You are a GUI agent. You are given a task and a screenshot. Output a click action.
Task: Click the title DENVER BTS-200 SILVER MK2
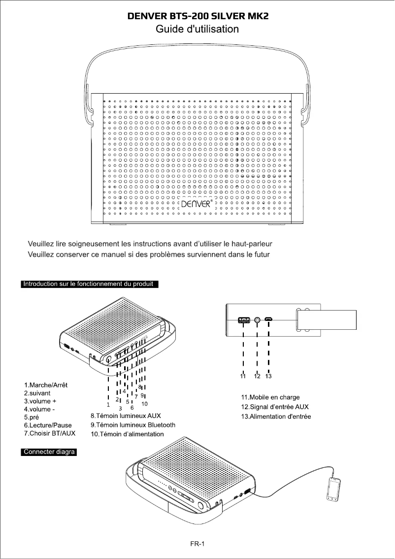click(197, 16)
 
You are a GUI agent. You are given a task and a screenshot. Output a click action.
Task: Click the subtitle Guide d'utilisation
click(197, 29)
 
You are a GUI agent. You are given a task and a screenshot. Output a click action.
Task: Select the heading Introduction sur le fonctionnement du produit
click(89, 283)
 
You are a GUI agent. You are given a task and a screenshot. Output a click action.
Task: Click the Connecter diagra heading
click(49, 453)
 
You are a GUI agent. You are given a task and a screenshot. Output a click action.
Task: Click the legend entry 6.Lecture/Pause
click(48, 425)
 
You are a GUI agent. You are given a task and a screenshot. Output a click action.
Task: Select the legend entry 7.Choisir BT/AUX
click(49, 433)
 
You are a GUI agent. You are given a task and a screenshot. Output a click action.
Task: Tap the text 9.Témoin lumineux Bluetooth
click(133, 425)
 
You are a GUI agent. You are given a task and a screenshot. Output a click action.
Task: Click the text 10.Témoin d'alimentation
click(127, 434)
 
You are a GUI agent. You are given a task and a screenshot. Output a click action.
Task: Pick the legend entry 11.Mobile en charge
click(270, 397)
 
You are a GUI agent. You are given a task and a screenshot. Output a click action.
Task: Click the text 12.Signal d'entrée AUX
click(275, 407)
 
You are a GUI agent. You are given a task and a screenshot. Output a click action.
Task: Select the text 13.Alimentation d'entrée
click(276, 417)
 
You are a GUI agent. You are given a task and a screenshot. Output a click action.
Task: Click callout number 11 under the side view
click(243, 376)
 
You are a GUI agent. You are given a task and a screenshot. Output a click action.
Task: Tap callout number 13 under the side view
click(268, 376)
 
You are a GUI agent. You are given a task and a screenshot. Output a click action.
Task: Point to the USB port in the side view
click(244, 320)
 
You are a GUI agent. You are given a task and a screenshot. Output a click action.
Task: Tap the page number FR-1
click(197, 544)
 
